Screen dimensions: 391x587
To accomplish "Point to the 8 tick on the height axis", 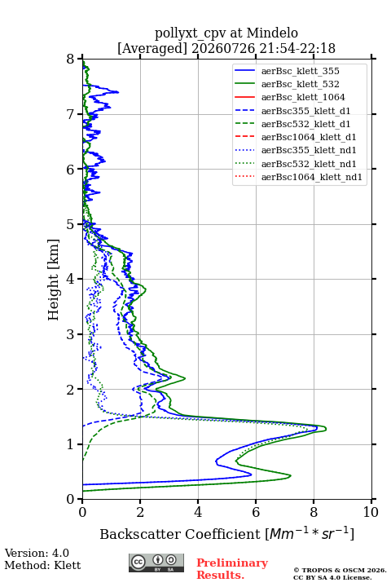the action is click(80, 59).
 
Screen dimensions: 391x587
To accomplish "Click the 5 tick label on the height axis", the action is click(70, 224).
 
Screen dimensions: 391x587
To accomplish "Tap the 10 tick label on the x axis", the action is click(371, 512).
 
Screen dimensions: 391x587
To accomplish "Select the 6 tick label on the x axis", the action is click(256, 512).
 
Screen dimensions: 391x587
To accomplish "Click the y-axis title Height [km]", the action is click(54, 280).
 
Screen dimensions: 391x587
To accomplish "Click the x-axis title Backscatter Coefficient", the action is click(179, 534).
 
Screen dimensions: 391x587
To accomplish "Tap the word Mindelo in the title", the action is click(272, 33).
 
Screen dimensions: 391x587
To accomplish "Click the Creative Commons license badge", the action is click(156, 563).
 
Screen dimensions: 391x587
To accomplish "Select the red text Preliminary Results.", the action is click(232, 569).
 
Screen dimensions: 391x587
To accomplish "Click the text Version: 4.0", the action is click(37, 553).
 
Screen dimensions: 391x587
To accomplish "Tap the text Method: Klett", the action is click(42, 565).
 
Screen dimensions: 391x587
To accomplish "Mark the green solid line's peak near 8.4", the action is click(326, 428).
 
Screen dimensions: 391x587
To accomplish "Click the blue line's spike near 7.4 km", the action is click(118, 92).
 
